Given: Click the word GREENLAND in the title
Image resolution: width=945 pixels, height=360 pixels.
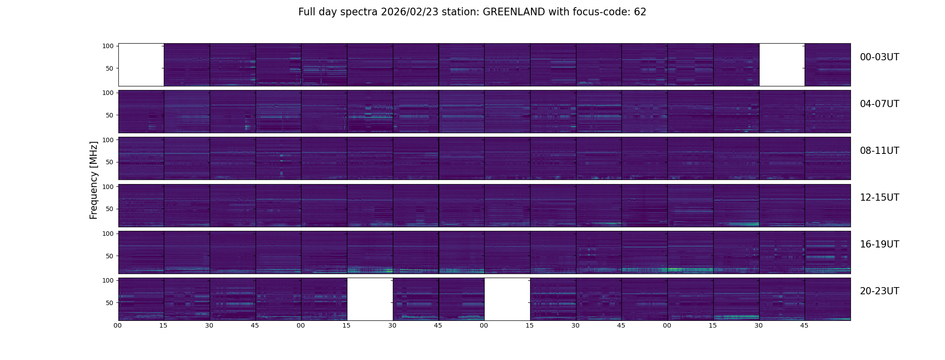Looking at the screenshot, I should (513, 12).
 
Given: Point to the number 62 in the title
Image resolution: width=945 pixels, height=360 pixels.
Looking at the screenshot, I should (640, 12).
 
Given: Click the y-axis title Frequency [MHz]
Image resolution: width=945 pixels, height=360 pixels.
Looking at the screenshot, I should (94, 180).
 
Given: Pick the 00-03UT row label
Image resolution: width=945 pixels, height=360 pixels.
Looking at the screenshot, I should (879, 57).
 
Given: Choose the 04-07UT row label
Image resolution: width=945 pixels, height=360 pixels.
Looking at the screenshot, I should (879, 104).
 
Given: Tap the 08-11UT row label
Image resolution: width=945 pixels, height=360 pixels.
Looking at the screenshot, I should (879, 151).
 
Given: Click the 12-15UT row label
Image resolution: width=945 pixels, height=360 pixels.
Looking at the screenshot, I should (879, 198).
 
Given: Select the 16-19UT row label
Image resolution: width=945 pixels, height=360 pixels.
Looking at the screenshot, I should (879, 244).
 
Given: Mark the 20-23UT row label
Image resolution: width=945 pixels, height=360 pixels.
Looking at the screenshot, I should (879, 291).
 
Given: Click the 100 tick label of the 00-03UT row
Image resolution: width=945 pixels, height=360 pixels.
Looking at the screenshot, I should (108, 46).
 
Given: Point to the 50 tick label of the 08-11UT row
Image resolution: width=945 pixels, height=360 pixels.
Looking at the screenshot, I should (110, 162).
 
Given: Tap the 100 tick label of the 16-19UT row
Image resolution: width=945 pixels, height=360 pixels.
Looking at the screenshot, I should (108, 234).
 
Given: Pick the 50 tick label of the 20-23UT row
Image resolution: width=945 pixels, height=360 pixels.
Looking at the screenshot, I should (110, 303).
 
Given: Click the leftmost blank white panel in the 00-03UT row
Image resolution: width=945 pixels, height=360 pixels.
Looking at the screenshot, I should (141, 65).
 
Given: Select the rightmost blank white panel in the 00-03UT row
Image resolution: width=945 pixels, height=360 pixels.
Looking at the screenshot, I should (782, 65).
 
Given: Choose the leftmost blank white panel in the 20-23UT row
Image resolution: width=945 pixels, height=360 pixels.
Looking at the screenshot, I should (370, 299).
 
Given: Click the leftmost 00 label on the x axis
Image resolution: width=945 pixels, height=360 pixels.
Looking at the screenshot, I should (117, 325).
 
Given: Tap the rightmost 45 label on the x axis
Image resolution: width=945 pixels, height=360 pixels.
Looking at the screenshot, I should (804, 325).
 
